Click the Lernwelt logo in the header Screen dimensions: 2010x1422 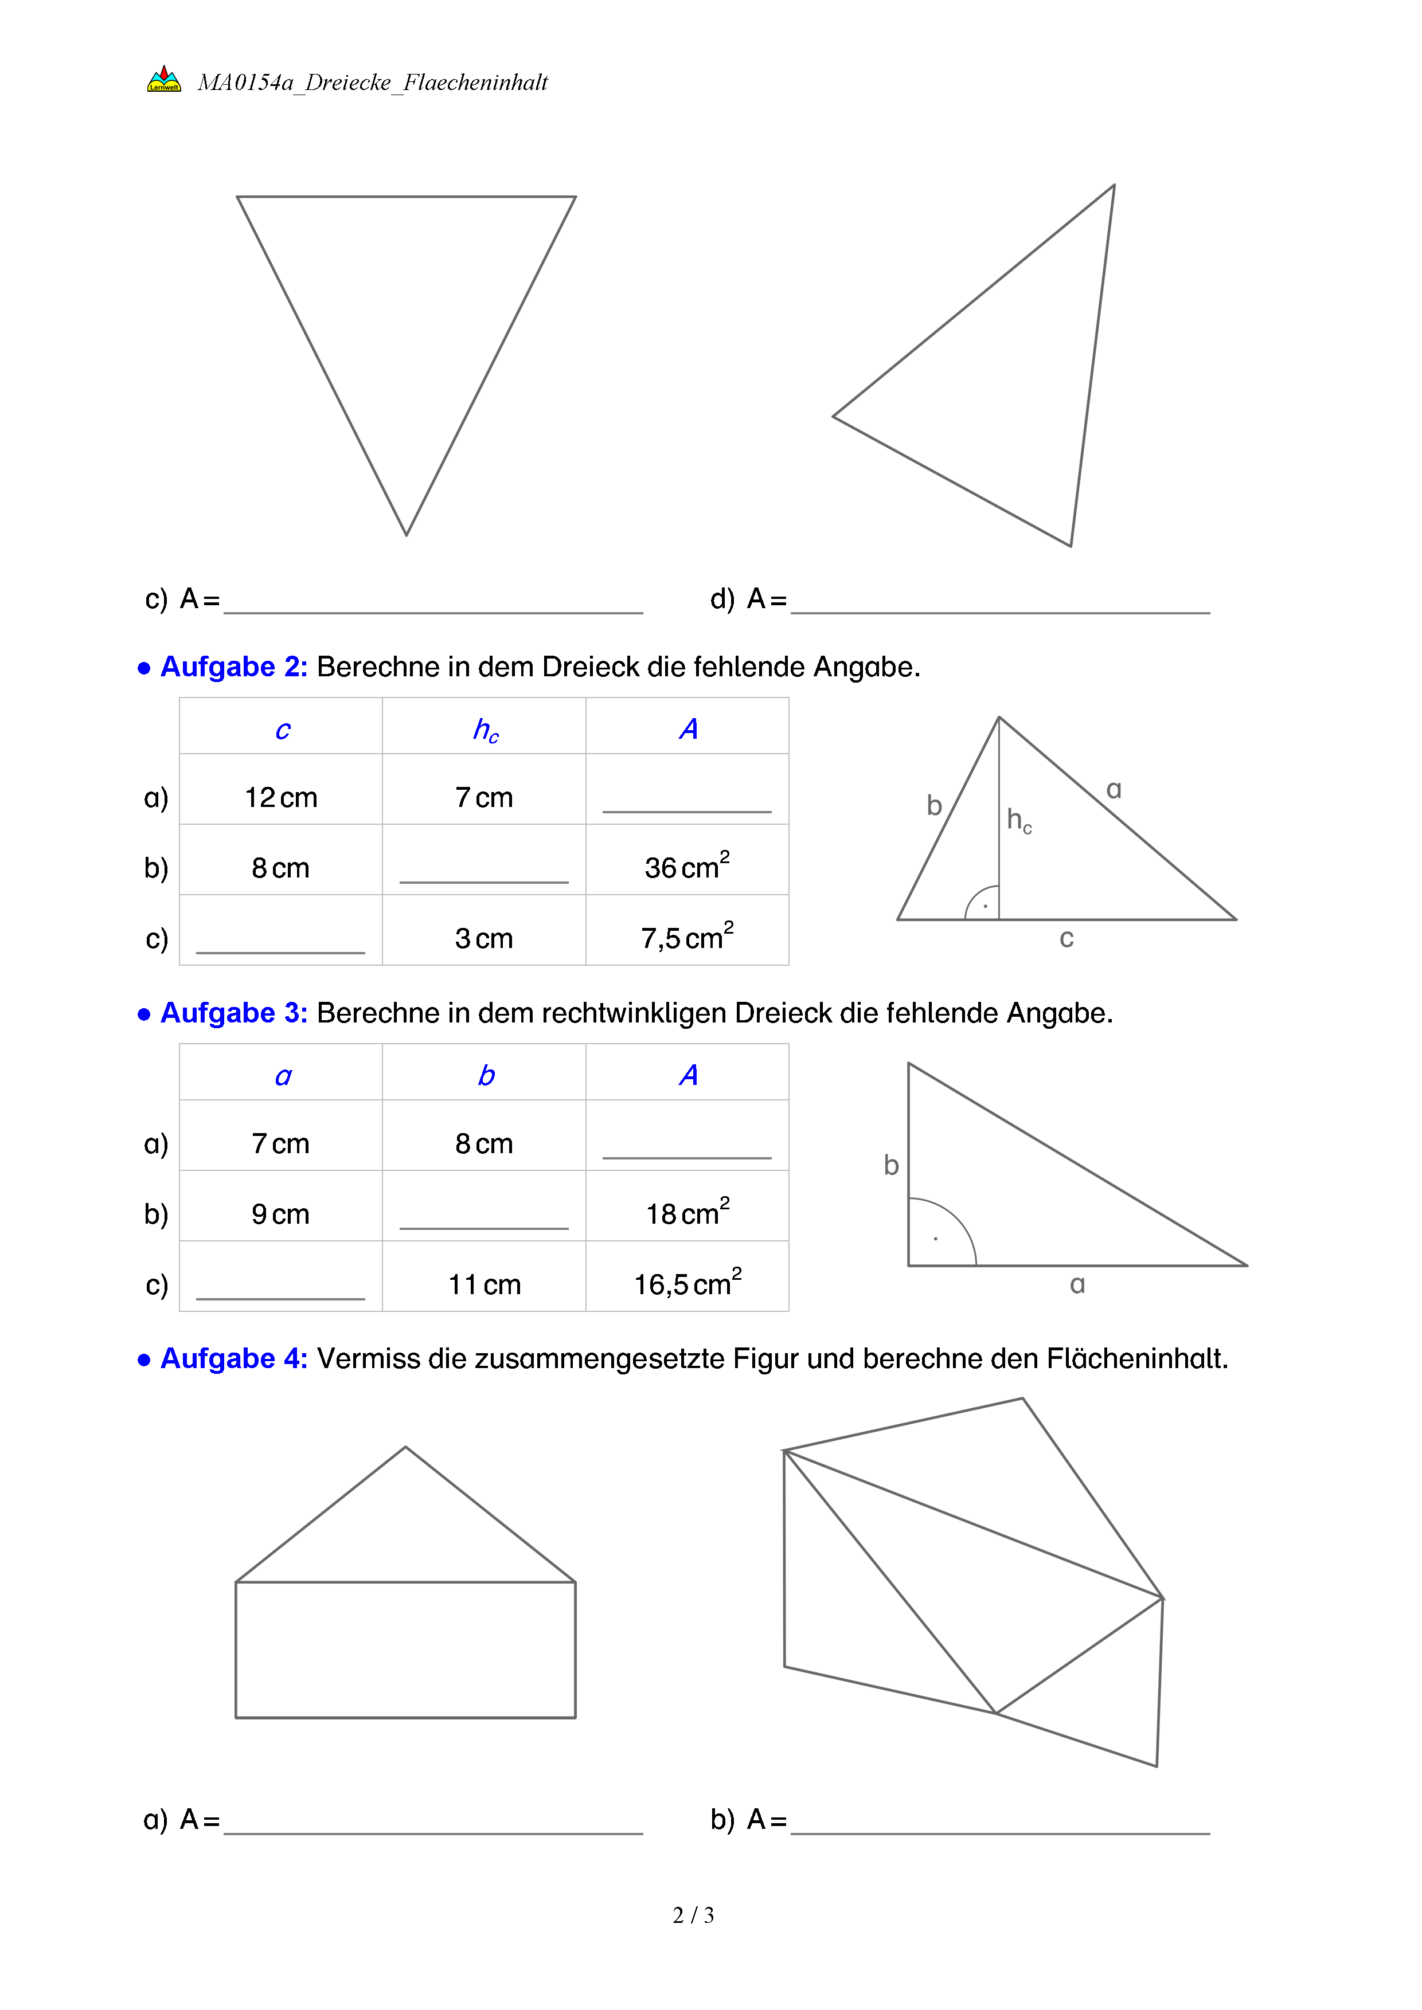(x=164, y=80)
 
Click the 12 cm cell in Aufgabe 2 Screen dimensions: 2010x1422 (x=280, y=797)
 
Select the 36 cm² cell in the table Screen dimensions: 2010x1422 (x=687, y=867)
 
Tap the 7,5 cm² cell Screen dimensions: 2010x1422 (x=687, y=938)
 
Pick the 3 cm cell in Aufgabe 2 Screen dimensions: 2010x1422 (x=483, y=938)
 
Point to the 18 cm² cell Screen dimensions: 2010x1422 (x=687, y=1213)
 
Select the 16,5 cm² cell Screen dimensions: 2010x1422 (x=687, y=1283)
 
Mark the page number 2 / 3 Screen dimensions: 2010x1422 (x=693, y=1915)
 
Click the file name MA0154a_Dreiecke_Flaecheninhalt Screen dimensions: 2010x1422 (x=372, y=83)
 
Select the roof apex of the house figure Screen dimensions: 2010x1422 (x=405, y=1447)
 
